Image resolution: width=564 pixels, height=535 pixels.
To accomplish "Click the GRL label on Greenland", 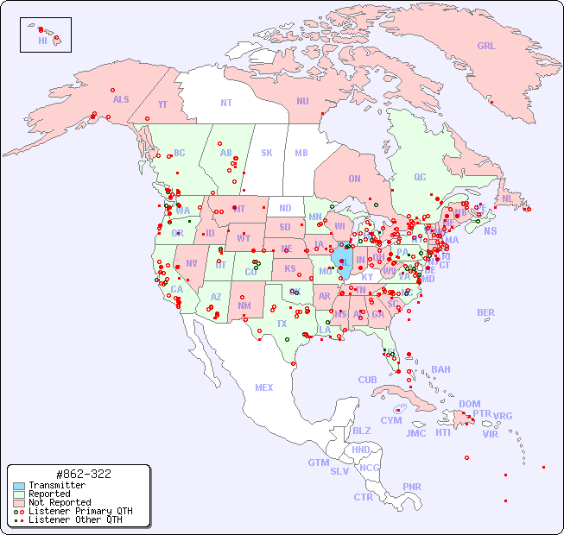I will coord(486,47).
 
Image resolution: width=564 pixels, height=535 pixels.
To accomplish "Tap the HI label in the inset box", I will coord(42,41).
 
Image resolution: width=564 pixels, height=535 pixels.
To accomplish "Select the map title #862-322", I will coord(82,475).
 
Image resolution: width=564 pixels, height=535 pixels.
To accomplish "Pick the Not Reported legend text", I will coord(60,502).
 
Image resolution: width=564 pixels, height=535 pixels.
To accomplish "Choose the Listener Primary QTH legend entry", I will coord(80,511).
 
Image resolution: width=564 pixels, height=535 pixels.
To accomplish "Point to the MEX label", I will coord(264,387).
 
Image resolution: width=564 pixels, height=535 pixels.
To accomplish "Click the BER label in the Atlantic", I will coord(486,313).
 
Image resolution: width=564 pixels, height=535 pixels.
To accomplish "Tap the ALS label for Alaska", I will coord(121,99).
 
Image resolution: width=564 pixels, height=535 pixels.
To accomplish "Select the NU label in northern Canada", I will coord(302,101).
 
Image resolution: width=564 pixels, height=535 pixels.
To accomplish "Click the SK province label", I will coord(267,153).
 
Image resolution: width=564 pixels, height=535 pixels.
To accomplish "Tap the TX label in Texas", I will coord(282,324).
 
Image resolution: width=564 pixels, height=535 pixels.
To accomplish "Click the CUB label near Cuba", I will coord(367,380).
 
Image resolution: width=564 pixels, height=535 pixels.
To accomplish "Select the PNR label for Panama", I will coord(412,487).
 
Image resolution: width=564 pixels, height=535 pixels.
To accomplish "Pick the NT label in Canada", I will coord(225,103).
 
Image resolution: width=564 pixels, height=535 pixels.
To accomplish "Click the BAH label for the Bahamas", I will coord(440,369).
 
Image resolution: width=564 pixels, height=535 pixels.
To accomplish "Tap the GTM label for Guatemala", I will coord(318,463).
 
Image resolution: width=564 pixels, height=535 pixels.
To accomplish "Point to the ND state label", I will coord(285,208).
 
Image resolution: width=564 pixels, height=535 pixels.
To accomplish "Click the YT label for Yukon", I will coord(162,104).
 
